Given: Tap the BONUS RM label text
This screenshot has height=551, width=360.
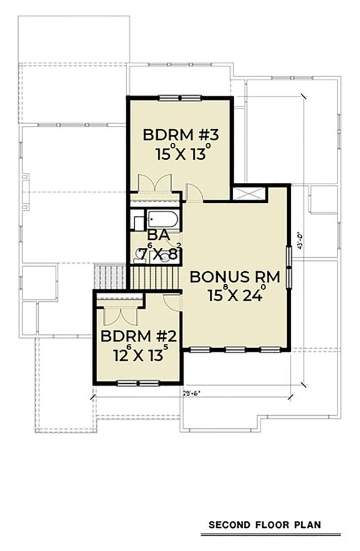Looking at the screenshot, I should click(235, 277).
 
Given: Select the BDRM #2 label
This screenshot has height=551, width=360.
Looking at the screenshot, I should click(140, 338).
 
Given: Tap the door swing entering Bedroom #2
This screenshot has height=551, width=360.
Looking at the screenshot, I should click(170, 301).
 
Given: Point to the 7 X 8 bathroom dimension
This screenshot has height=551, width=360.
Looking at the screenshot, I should click(159, 254).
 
